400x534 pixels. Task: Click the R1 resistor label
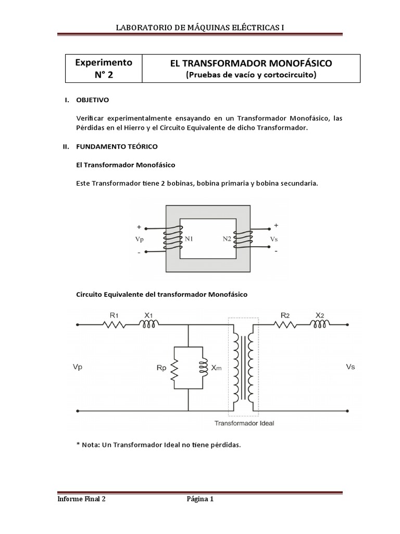[114, 315]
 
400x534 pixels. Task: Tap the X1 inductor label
[148, 315]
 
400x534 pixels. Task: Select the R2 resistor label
[285, 315]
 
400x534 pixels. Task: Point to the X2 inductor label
[319, 315]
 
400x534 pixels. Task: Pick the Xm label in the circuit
[217, 368]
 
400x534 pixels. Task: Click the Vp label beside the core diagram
[139, 239]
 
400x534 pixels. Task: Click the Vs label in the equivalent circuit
[350, 367]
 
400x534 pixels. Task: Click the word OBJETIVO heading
[93, 100]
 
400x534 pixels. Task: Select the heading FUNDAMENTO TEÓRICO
[117, 147]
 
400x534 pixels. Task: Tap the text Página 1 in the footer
[200, 499]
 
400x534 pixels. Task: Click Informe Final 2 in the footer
[81, 499]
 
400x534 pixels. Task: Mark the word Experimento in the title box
[103, 63]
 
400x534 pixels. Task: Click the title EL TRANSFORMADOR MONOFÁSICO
[251, 64]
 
